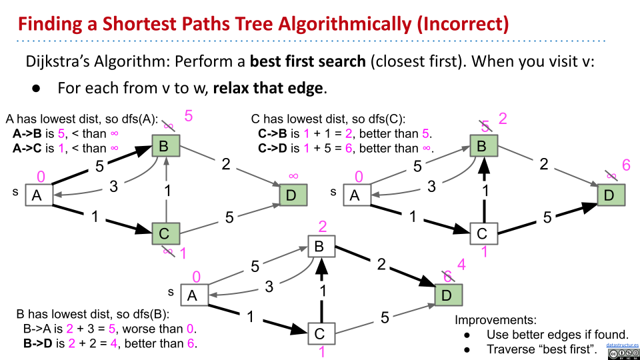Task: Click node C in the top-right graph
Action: (x=483, y=233)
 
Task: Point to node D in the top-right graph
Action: (x=609, y=195)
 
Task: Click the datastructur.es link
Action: (x=622, y=346)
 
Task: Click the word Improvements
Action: (x=495, y=320)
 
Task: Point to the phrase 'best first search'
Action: (x=307, y=62)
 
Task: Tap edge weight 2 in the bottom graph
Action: (x=381, y=264)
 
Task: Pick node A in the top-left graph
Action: (x=37, y=195)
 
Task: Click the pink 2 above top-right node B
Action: (x=503, y=119)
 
